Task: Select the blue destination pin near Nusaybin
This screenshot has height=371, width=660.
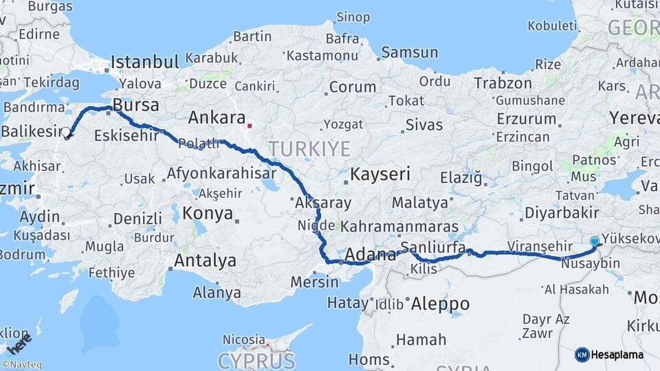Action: pyautogui.click(x=595, y=241)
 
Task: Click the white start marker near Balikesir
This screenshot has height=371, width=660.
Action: pyautogui.click(x=66, y=133)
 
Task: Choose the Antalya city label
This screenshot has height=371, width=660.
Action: pyautogui.click(x=205, y=261)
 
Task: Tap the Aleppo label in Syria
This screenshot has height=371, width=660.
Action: pyautogui.click(x=440, y=304)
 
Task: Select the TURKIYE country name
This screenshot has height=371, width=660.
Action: pyautogui.click(x=309, y=149)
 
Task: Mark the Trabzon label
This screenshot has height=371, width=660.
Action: pyautogui.click(x=502, y=83)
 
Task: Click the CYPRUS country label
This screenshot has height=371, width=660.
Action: pyautogui.click(x=256, y=360)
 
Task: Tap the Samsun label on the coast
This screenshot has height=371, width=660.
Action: pyautogui.click(x=409, y=52)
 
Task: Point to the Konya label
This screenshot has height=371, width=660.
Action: pyautogui.click(x=208, y=214)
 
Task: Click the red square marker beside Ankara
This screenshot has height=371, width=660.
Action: pyautogui.click(x=250, y=126)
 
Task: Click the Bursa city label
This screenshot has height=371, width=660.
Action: pyautogui.click(x=135, y=106)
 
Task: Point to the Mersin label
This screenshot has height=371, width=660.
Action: pyautogui.click(x=314, y=282)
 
